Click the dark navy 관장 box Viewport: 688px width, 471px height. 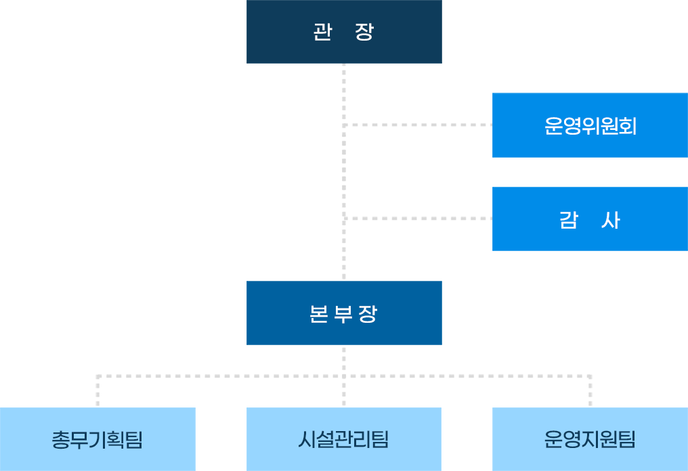coord(344,32)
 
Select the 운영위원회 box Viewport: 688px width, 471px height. coord(590,125)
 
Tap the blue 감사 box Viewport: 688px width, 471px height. coord(590,219)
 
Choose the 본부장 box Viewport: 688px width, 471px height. coord(344,313)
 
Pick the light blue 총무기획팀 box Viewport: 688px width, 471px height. coord(98,439)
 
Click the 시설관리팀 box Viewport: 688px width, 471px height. coord(344,439)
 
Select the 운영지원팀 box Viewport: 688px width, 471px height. coord(590,439)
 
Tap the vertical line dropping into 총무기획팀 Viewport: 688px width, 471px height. coord(98,392)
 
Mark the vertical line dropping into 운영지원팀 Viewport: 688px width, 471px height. coord(590,392)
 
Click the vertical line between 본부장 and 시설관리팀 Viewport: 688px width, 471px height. coord(344,392)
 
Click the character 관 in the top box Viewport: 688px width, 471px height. coord(322,32)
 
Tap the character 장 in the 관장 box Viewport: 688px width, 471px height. coord(364,32)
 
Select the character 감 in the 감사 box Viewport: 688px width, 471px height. coord(568,220)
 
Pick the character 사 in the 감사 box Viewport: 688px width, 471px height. coord(610,220)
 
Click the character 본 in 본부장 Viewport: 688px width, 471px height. coord(318,314)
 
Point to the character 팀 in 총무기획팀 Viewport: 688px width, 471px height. coord(134,440)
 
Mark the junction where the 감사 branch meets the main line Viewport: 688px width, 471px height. coord(344,219)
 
